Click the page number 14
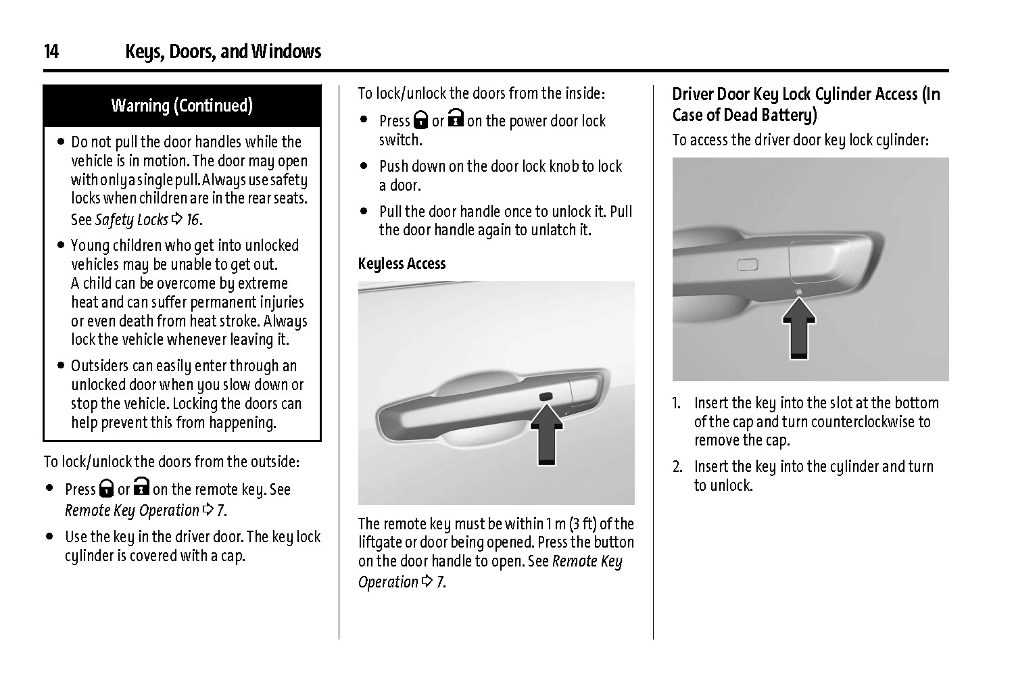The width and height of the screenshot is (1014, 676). point(51,52)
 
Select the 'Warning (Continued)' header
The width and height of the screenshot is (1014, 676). point(182,105)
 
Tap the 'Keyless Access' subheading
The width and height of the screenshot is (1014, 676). point(402,264)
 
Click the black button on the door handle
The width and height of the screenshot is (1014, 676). point(545,396)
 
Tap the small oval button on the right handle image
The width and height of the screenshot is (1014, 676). point(748,264)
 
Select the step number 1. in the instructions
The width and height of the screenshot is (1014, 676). point(677,404)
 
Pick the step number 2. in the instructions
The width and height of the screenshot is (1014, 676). point(677,466)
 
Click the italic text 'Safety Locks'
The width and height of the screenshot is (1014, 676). point(131,220)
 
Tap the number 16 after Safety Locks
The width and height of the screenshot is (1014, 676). point(193,220)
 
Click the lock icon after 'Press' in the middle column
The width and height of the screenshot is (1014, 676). point(420,121)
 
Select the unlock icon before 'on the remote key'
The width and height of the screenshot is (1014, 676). point(141,487)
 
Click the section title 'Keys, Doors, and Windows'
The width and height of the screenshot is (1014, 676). point(223,52)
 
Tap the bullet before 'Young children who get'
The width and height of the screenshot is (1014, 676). point(62,245)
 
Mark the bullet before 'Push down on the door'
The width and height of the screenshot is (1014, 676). point(364,166)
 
